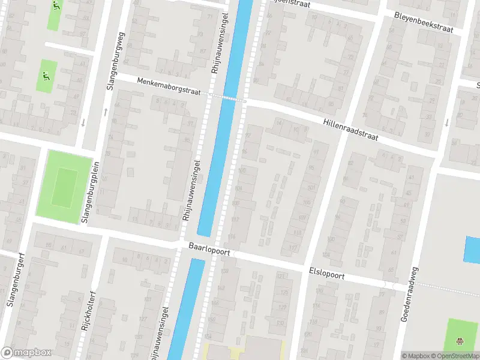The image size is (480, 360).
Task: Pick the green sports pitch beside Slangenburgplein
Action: tap(64, 186)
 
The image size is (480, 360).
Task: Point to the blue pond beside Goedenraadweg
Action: tap(473, 249)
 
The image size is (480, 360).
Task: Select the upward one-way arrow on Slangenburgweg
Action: tap(106, 111)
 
